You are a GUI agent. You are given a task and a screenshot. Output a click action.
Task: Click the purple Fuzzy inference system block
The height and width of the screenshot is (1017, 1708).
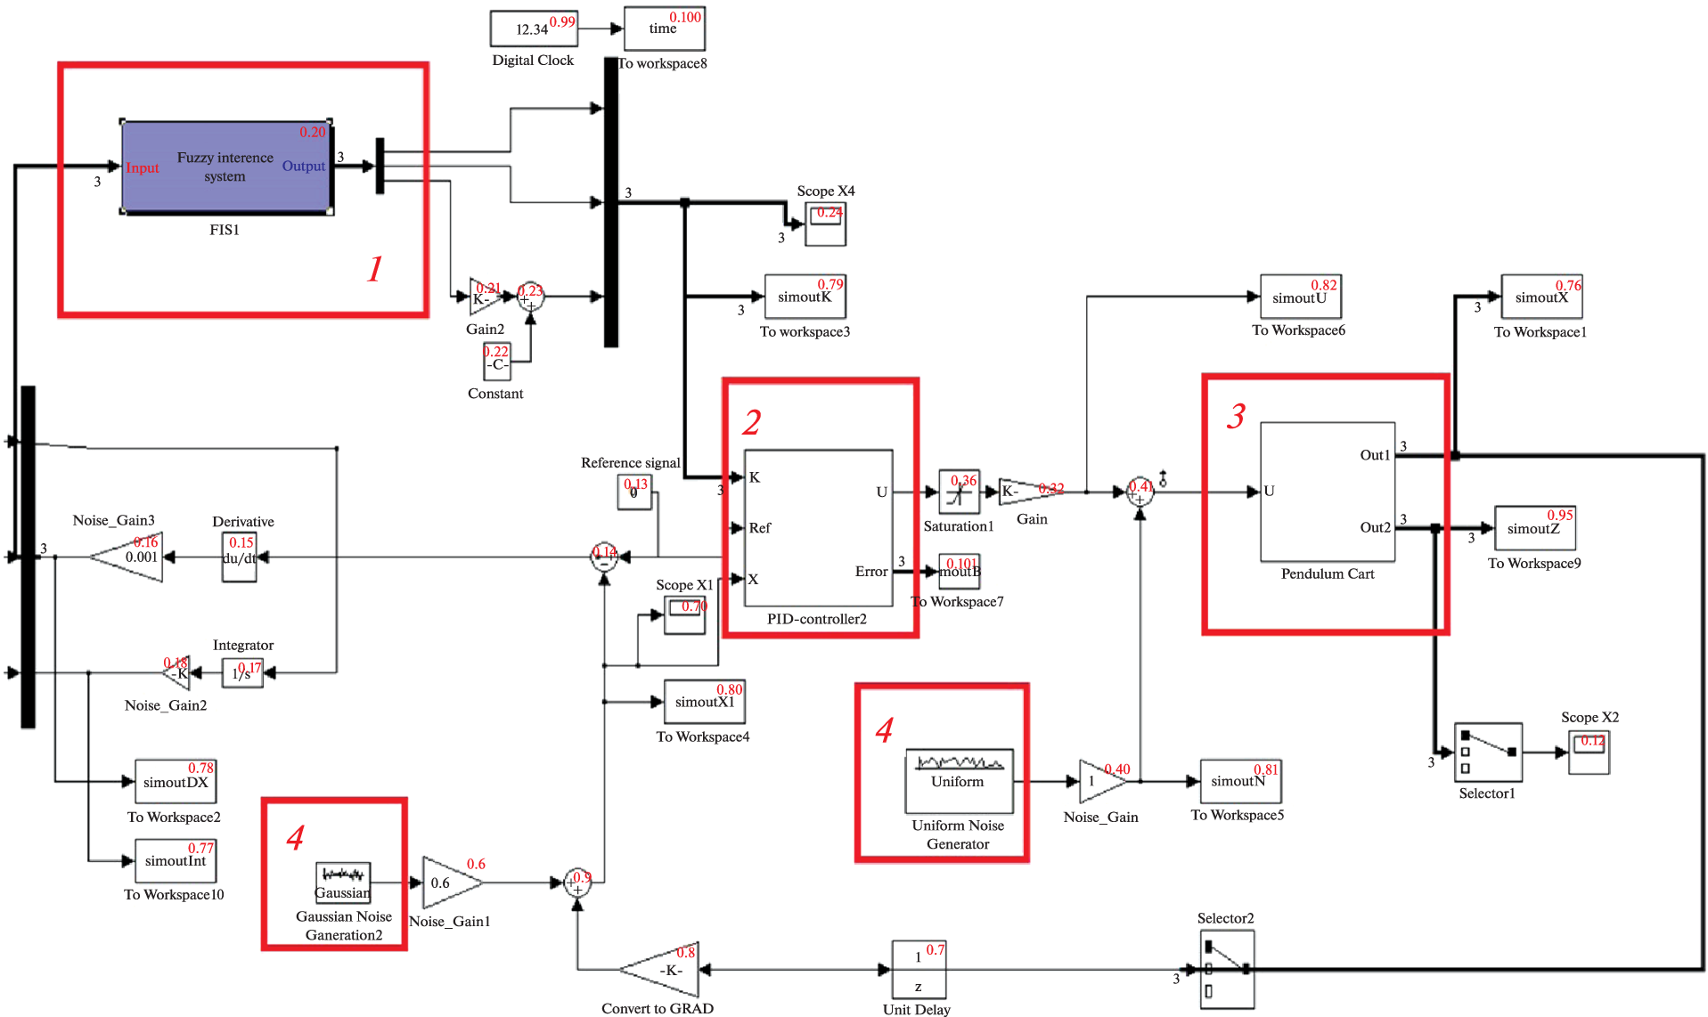[x=226, y=167]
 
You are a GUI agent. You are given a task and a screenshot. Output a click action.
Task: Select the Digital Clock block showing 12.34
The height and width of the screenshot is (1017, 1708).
[x=534, y=28]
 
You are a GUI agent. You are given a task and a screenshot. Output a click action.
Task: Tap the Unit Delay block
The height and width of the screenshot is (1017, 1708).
[x=919, y=970]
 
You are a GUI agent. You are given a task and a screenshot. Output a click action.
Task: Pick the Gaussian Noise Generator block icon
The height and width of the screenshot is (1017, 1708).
[x=343, y=882]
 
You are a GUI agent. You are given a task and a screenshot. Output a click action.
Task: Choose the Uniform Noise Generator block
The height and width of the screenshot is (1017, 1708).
[x=959, y=780]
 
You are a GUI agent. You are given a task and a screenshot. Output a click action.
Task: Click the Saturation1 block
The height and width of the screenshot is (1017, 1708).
[x=959, y=492]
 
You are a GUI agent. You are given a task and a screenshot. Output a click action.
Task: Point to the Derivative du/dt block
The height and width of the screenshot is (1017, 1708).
[x=239, y=557]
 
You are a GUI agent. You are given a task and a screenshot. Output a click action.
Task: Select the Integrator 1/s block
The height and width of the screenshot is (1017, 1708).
[x=241, y=673]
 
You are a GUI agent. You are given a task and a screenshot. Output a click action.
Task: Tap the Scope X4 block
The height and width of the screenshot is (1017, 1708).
[x=825, y=224]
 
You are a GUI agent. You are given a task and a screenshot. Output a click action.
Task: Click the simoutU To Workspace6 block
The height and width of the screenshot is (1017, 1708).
[x=1300, y=297]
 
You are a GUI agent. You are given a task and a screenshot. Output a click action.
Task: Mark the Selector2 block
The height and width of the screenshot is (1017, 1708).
[x=1226, y=969]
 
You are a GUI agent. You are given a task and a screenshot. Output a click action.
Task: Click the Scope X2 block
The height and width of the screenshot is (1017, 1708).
[x=1590, y=752]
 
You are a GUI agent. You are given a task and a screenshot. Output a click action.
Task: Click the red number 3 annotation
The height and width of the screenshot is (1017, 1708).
[x=1236, y=416]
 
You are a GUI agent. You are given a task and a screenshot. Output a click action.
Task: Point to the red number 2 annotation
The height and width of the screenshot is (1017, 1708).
[x=752, y=422]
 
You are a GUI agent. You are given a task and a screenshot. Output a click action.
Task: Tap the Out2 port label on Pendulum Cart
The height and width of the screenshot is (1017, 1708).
[x=1375, y=527]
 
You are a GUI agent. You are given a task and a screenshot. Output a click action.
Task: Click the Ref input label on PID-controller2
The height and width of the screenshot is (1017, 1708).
[x=759, y=528]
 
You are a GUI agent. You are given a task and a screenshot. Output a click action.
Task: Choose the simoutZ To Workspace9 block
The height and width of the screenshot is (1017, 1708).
[x=1534, y=528]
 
